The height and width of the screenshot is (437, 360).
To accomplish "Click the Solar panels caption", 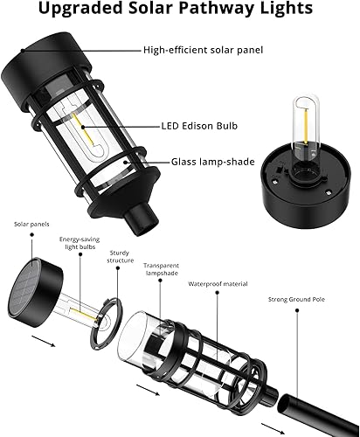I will click(x=28, y=225).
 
